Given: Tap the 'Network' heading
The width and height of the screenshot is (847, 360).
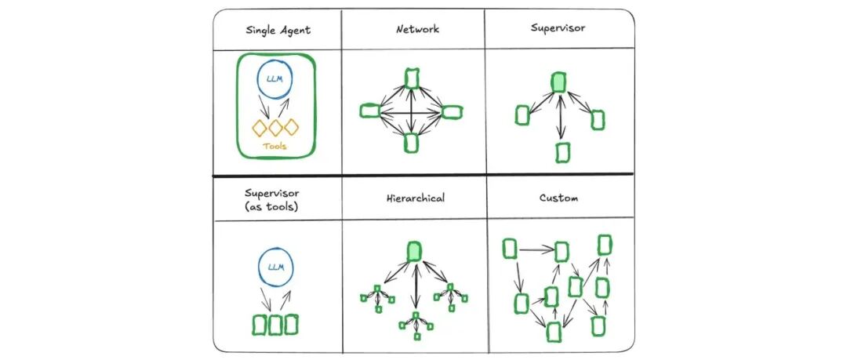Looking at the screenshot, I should [x=417, y=30].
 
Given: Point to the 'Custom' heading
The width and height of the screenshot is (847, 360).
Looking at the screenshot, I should [x=558, y=198].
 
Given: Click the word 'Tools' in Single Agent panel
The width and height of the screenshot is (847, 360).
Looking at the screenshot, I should [x=276, y=145].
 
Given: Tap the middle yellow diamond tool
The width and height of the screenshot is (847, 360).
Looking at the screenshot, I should [x=275, y=126].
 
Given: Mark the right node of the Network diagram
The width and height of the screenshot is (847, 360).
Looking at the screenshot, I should [x=453, y=111].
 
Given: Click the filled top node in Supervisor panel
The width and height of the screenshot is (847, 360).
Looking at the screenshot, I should [x=558, y=82].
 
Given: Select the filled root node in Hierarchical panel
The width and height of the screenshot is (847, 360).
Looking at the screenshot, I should [x=414, y=252].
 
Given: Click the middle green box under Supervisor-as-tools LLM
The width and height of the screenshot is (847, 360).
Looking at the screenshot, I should [x=275, y=324].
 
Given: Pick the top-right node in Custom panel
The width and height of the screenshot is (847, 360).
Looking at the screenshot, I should [x=605, y=244].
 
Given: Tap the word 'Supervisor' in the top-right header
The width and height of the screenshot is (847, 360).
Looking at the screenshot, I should [x=558, y=28].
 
